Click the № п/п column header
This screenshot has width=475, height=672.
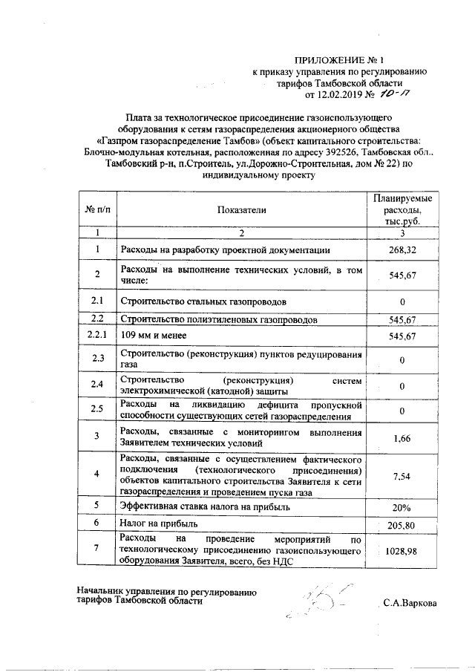[97, 211]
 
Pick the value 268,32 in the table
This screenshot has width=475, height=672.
[402, 250]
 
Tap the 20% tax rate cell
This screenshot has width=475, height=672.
[402, 507]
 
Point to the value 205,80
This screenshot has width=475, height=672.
[402, 526]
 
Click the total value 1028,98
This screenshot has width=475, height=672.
[402, 551]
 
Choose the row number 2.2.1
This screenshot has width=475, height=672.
[97, 336]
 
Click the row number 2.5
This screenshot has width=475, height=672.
[97, 409]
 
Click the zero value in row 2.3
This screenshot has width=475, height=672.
[402, 361]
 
